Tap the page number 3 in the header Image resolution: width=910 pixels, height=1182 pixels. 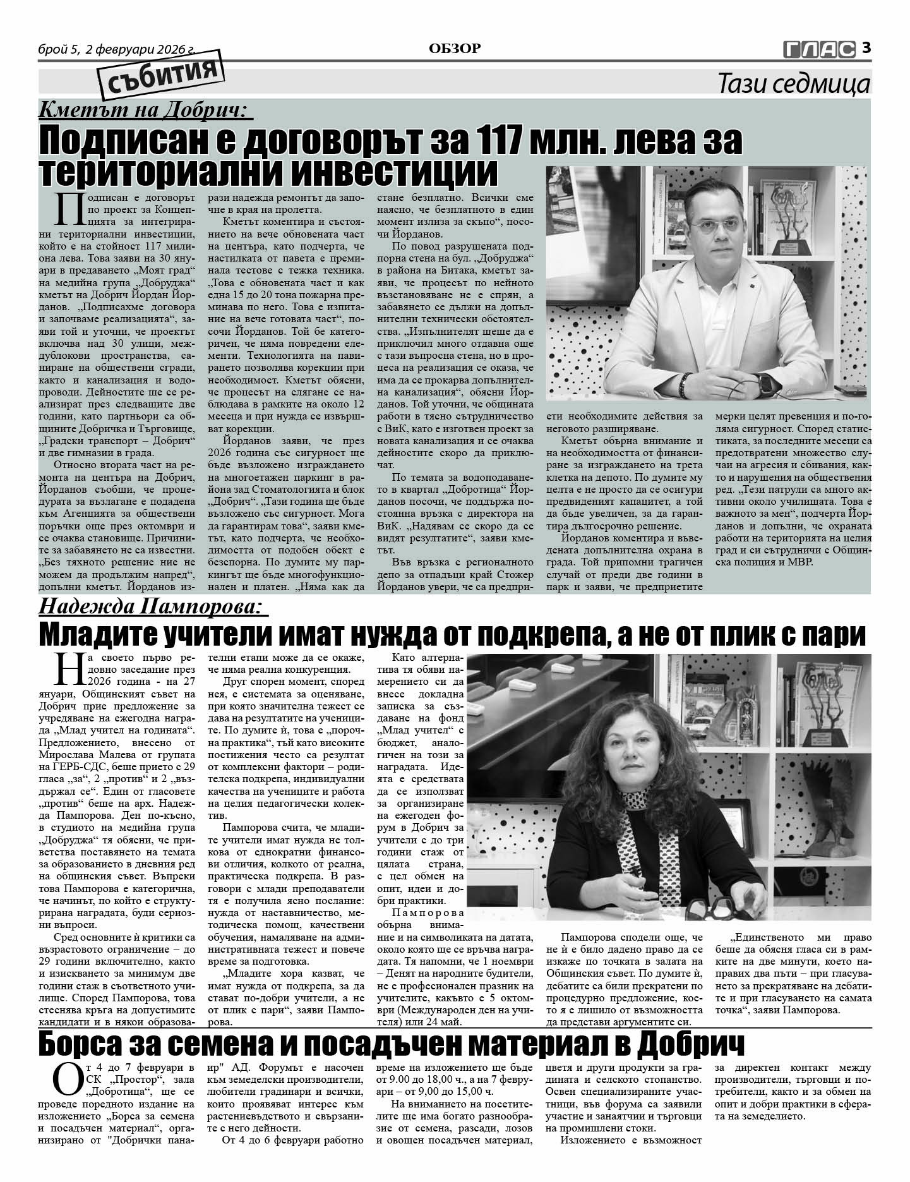[x=866, y=47]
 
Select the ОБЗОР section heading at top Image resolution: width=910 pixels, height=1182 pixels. [x=455, y=48]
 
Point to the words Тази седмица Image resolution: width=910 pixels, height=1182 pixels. [x=794, y=84]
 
